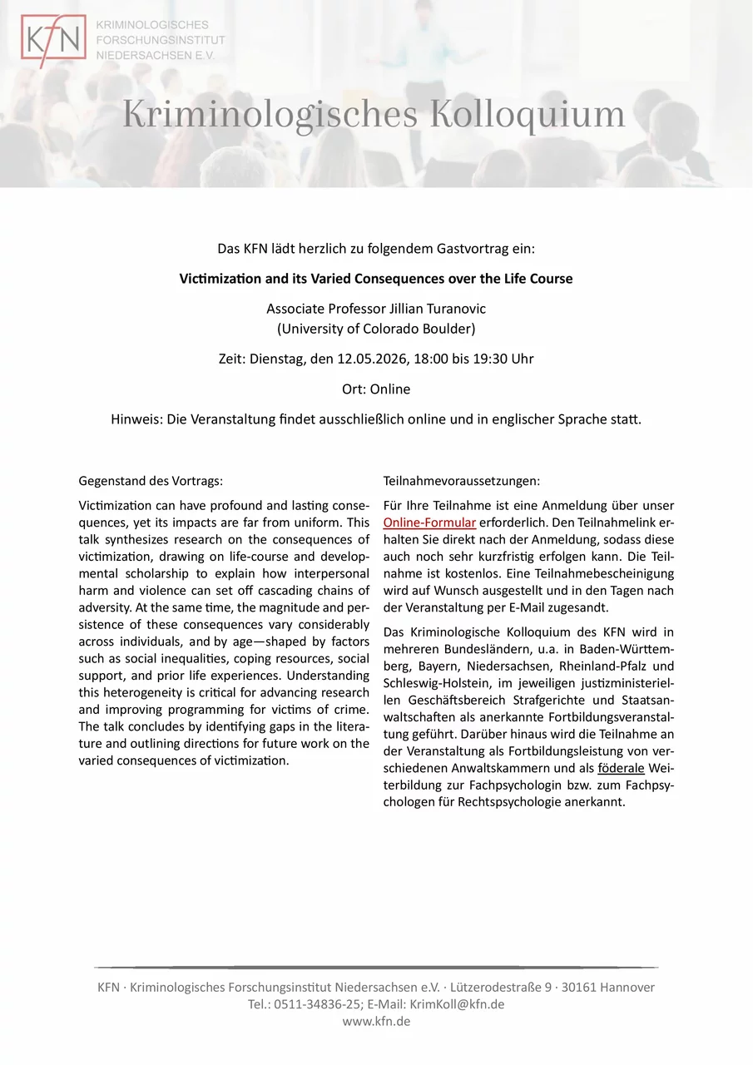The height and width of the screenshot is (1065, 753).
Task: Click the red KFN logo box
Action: tap(53, 42)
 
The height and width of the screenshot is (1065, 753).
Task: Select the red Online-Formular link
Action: tap(429, 523)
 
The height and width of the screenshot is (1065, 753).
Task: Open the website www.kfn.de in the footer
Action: tap(376, 1021)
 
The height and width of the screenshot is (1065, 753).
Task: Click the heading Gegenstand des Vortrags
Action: tap(151, 481)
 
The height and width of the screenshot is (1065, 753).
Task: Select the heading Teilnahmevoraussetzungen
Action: tap(462, 481)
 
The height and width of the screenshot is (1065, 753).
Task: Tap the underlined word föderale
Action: tap(621, 766)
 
